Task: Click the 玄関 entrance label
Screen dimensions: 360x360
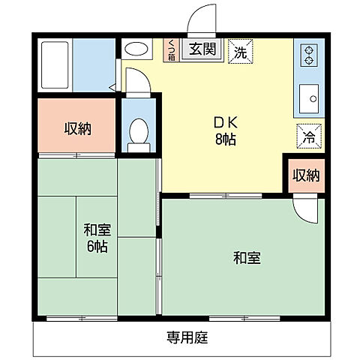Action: click(x=200, y=51)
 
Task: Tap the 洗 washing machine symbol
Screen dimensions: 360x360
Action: click(x=241, y=52)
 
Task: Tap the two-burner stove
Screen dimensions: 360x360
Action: click(x=308, y=55)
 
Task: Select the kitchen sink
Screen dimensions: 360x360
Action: click(x=308, y=97)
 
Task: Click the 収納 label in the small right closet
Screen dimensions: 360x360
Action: click(x=305, y=176)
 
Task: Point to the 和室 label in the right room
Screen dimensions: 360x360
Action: click(x=246, y=259)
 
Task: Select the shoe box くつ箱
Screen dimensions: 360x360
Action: click(x=171, y=50)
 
